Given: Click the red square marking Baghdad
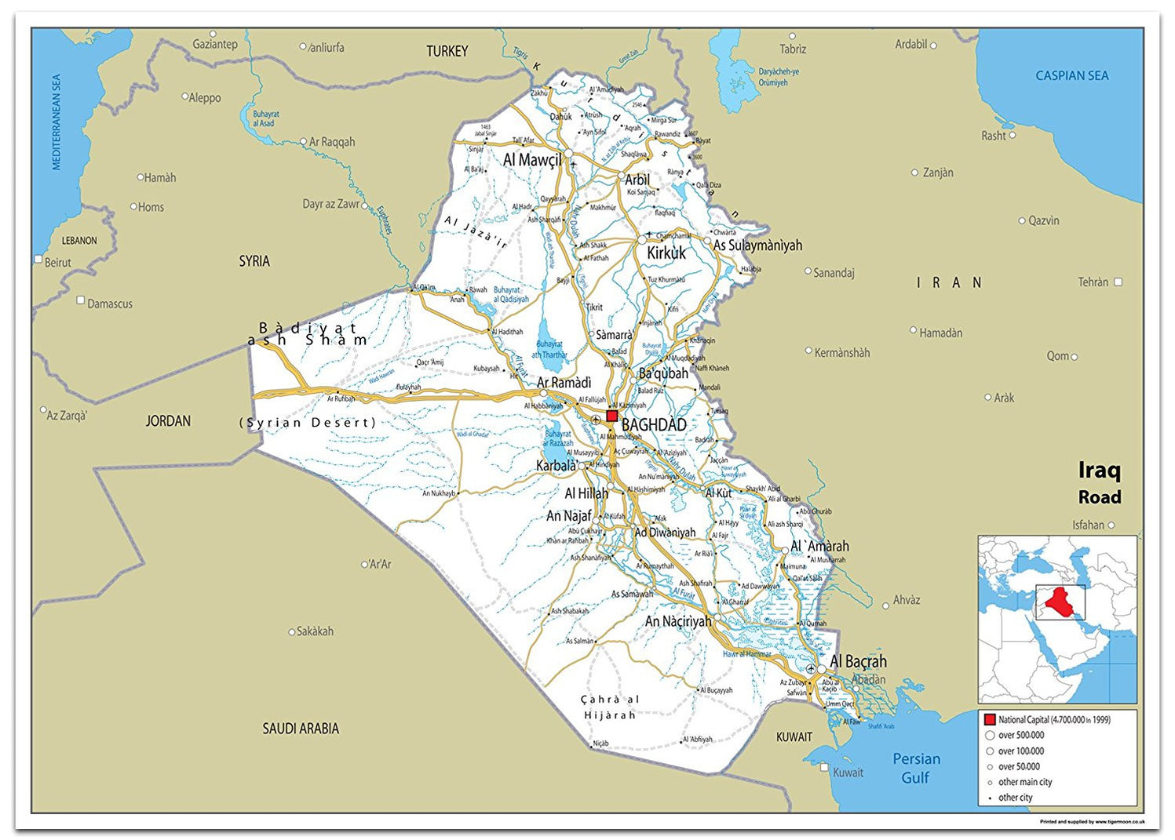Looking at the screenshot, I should [611, 416].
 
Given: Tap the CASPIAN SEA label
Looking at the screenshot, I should [1071, 76].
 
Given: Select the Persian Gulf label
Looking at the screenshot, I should [916, 768].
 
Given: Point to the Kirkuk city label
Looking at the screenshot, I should [666, 253].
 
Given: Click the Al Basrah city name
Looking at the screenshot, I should [858, 661].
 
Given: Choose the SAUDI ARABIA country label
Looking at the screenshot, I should [301, 729].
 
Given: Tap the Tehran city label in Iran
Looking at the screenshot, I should [1093, 282].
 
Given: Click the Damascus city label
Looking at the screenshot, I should [109, 304].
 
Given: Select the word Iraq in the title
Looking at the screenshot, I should [1099, 470].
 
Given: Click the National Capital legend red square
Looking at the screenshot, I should [990, 719].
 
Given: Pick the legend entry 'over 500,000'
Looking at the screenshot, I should [1020, 735].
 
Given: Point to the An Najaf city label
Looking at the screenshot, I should [569, 515].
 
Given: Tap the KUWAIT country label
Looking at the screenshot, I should [794, 737].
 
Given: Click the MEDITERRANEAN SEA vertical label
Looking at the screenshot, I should [57, 122].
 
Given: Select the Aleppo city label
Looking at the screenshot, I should [205, 98].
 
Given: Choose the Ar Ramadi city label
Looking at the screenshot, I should [564, 383].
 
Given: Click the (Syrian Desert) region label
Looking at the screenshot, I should [308, 423].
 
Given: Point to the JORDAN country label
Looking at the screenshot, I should [168, 421].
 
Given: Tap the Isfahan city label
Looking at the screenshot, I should [1088, 525].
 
